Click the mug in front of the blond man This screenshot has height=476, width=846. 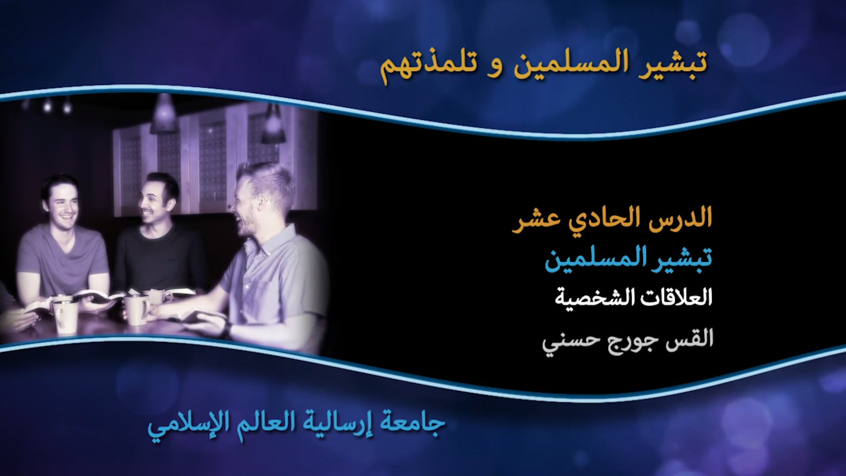click(137, 309)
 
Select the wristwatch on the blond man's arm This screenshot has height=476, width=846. click(227, 329)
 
